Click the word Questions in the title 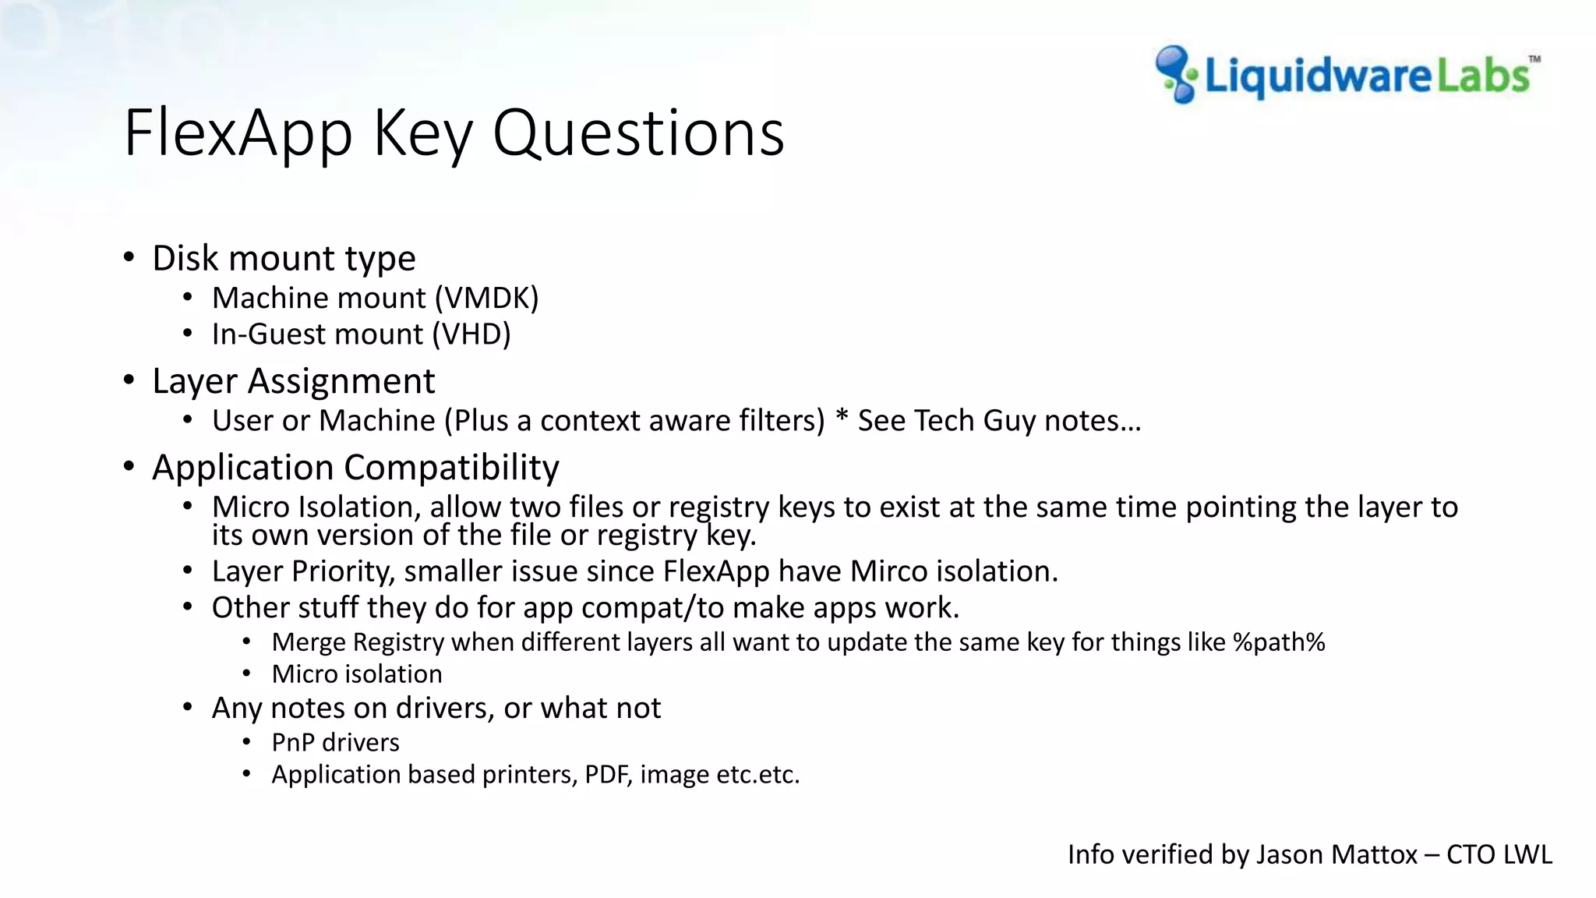[638, 134]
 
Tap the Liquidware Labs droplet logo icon [1176, 74]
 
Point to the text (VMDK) [486, 299]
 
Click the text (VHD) [471, 334]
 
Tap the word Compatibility [452, 468]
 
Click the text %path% [1279, 642]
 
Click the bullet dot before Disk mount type [129, 258]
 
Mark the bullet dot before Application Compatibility [129, 467]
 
